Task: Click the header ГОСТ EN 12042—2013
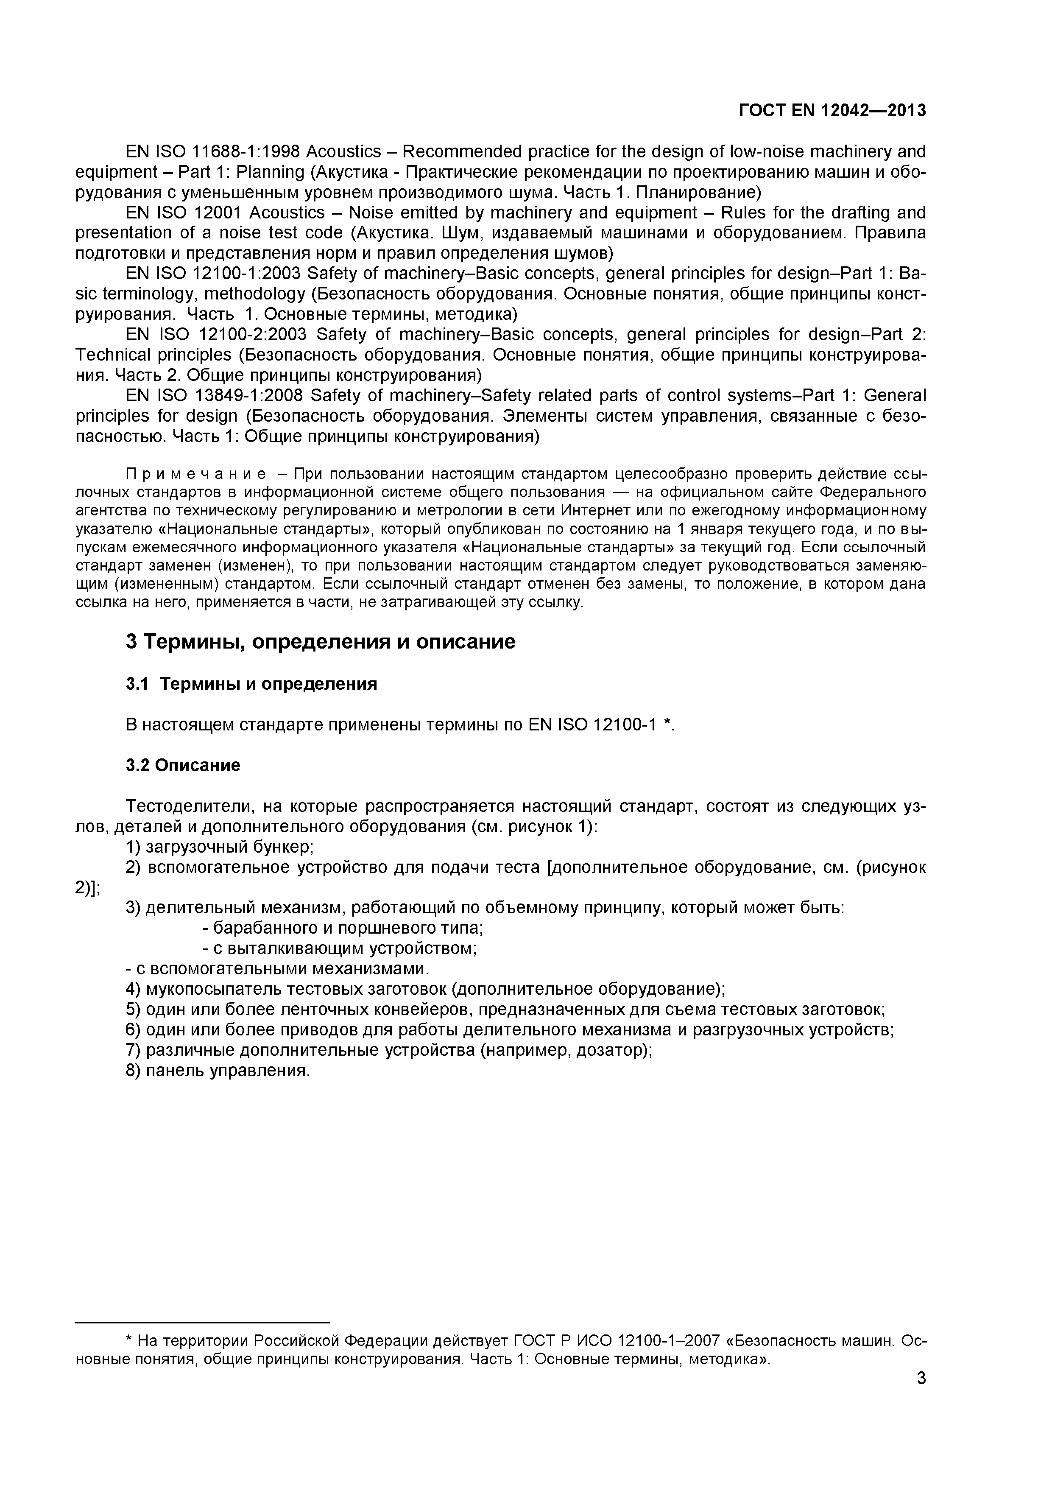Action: click(x=832, y=111)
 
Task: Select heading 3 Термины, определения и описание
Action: click(x=321, y=642)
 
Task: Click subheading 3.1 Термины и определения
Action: click(x=251, y=684)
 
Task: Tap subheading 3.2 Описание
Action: click(x=183, y=765)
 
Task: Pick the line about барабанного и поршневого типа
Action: click(x=343, y=928)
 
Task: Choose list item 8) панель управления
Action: click(x=218, y=1071)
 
